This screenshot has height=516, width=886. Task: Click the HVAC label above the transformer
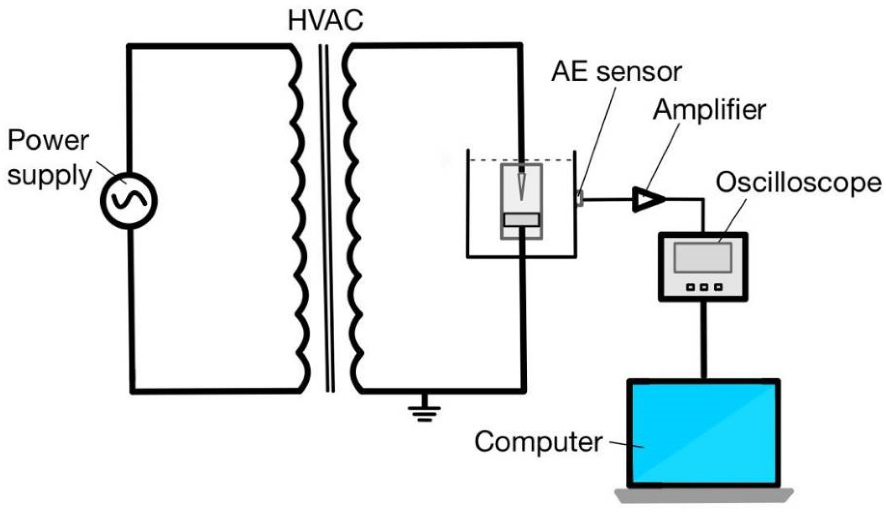coord(325,21)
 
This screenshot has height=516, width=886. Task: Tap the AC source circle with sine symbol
coord(128,201)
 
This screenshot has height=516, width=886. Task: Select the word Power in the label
coord(48,140)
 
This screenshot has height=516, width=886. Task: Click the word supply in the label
coord(49,176)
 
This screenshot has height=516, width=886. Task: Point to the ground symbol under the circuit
coord(424,412)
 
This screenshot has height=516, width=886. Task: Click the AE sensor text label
coord(616,72)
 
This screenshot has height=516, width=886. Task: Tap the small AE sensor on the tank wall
coord(580,198)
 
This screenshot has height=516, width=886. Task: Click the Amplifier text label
coord(709,110)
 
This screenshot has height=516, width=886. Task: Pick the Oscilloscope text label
coord(798,183)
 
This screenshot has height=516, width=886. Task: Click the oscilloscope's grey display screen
coord(703,258)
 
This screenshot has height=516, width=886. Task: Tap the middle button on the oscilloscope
coord(704,287)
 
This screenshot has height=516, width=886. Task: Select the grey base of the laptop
coord(704,495)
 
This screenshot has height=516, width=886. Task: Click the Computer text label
coord(538,442)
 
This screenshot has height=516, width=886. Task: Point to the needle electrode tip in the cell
coord(521,195)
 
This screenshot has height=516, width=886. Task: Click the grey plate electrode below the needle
coord(521,220)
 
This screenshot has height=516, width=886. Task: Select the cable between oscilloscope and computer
coord(704,339)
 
